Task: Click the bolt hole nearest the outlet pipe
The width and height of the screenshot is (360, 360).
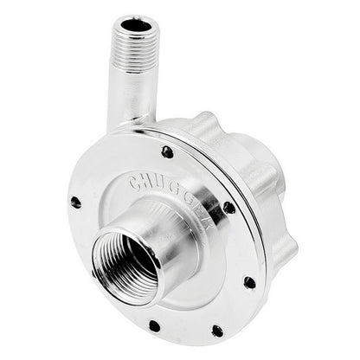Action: point(167,151)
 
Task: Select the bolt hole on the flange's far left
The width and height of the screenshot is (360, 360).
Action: point(76,202)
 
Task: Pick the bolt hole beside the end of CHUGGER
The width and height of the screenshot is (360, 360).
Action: point(229,208)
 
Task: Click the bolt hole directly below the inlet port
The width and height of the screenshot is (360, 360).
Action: point(154,326)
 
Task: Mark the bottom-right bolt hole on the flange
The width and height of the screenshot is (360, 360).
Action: point(217,331)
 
